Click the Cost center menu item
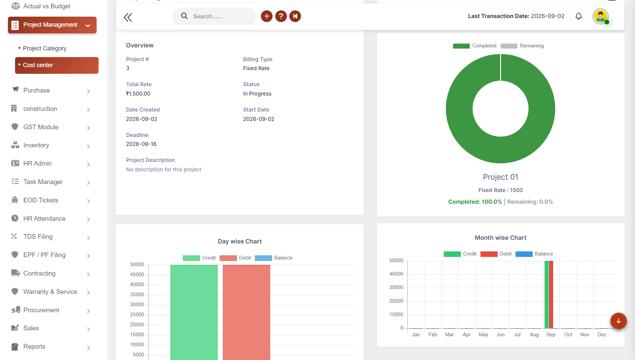tap(56, 65)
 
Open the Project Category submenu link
tap(44, 48)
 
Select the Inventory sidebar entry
tap(36, 145)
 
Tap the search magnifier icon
tap(184, 16)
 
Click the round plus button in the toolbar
tap(267, 16)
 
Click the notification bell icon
tap(579, 16)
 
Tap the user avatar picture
tap(601, 16)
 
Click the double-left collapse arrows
tap(128, 17)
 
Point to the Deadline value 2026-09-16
tap(141, 144)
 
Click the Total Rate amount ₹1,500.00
tap(138, 94)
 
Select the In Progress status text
tap(257, 94)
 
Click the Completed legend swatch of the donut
tap(461, 46)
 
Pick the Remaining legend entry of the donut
tap(522, 46)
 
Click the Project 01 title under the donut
tap(500, 177)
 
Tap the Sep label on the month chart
tap(551, 335)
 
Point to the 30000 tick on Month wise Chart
tap(396, 288)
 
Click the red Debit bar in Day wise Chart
tap(247, 312)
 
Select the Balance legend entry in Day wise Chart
tap(274, 258)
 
